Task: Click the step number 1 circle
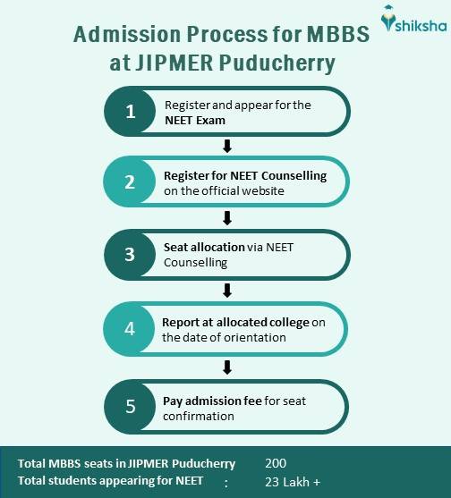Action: pyautogui.click(x=131, y=113)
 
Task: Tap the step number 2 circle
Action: pyautogui.click(x=131, y=182)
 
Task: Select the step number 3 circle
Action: pyautogui.click(x=131, y=254)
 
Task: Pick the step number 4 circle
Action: pyautogui.click(x=131, y=328)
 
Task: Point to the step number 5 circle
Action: pyautogui.click(x=131, y=406)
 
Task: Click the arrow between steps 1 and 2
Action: pyautogui.click(x=227, y=146)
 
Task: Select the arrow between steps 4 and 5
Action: pyautogui.click(x=227, y=367)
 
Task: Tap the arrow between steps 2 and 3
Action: pyautogui.click(x=227, y=217)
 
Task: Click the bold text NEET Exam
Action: pyautogui.click(x=195, y=120)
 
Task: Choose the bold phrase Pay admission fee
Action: pyautogui.click(x=211, y=401)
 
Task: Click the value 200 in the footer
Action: pyautogui.click(x=277, y=463)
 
